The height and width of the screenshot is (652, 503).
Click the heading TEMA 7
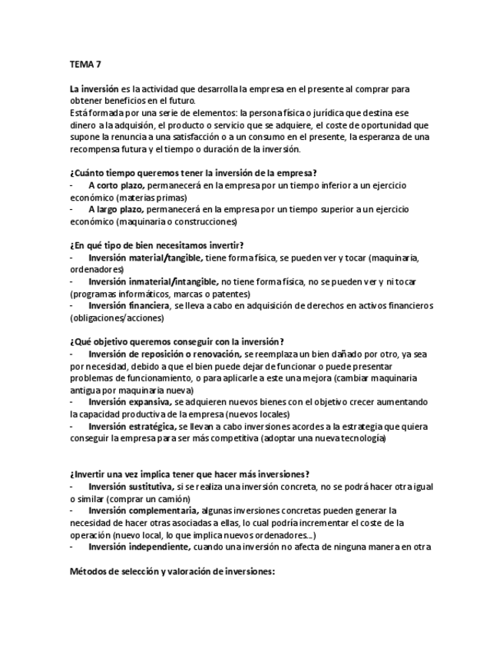[x=85, y=65]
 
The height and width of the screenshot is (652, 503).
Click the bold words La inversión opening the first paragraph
[x=94, y=90]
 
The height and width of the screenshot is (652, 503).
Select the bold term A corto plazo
[x=115, y=185]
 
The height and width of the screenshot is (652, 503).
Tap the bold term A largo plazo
[x=115, y=209]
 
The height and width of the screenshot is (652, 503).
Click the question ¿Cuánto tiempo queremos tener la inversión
[x=194, y=173]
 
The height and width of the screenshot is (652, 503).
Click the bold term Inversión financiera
[x=129, y=305]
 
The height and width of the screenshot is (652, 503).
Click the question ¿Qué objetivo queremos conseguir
[x=177, y=341]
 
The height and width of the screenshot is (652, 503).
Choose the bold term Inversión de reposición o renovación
[x=164, y=354]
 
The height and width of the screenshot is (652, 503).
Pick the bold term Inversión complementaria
[x=143, y=511]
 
